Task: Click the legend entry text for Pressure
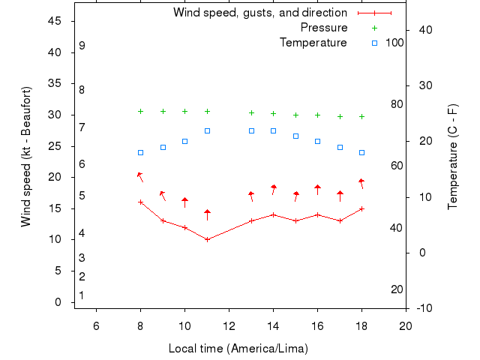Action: coord(323,28)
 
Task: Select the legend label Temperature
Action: coord(313,43)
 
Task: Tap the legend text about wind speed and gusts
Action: coord(259,13)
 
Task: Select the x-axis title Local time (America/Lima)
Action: coord(238,349)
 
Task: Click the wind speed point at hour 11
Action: coord(207,239)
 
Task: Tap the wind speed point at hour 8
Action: coord(140,202)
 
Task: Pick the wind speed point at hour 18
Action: coord(361,208)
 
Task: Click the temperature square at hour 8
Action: coord(140,152)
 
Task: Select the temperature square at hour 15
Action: coord(295,136)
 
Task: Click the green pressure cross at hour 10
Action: coord(184,111)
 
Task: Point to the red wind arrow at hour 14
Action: coord(274,188)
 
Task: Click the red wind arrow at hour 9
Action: coord(162,195)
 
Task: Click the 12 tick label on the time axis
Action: coord(229,324)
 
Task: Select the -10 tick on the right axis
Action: coord(421,307)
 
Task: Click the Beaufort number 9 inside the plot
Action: coord(82,46)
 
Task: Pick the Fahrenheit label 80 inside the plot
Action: coord(397,104)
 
